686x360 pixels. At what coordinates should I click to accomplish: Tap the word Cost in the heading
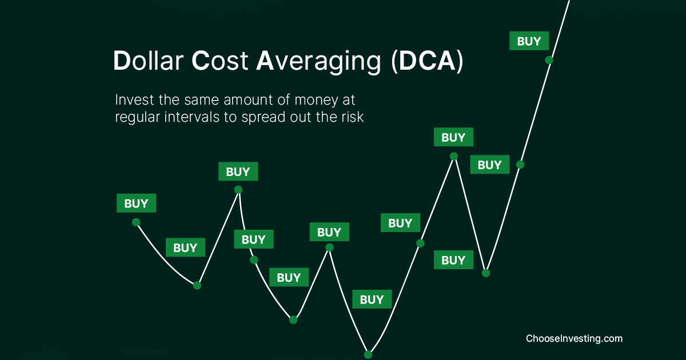[x=220, y=62]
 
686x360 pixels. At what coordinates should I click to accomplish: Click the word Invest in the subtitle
[x=132, y=100]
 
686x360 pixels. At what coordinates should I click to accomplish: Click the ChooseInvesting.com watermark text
[x=574, y=338]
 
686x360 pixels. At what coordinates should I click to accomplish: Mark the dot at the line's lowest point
[x=368, y=354]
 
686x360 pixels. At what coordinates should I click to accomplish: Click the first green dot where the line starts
[x=136, y=222]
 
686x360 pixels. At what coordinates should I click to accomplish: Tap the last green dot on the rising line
[x=549, y=59]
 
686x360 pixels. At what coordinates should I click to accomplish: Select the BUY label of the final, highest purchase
[x=529, y=41]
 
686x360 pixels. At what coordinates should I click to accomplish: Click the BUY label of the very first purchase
[x=136, y=203]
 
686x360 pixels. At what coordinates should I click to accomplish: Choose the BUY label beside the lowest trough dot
[x=372, y=299]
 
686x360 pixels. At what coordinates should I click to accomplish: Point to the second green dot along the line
[x=197, y=285]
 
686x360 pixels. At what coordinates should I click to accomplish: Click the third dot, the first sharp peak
[x=238, y=189]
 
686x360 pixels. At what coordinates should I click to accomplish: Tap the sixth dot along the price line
[x=329, y=247]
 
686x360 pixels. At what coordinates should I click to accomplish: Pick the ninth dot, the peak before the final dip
[x=453, y=156]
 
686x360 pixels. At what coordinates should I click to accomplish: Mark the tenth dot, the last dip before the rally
[x=486, y=273]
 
